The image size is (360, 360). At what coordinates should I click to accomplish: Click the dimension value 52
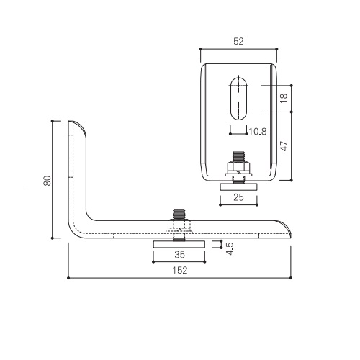pos(238,41)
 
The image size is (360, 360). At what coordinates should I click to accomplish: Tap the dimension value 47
pos(284,146)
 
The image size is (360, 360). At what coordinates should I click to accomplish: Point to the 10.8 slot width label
pos(258,132)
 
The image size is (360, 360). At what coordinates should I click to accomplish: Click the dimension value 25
pos(238,197)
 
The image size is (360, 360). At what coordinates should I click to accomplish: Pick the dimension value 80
pos(48,181)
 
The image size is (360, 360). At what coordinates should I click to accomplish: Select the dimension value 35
pos(179,254)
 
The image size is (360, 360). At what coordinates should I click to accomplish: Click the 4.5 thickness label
pos(230,248)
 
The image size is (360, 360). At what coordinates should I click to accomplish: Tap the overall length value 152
pos(180,270)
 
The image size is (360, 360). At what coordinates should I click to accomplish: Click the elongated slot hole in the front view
pos(238,99)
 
